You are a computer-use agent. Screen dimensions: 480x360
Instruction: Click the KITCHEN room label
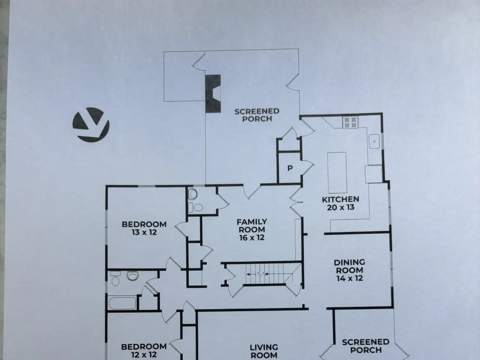point(340,199)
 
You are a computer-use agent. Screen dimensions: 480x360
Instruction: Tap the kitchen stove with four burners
point(350,122)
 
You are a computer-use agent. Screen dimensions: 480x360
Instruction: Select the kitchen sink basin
point(374,141)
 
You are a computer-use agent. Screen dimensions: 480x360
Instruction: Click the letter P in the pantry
point(290,168)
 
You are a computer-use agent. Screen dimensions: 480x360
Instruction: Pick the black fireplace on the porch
point(213,94)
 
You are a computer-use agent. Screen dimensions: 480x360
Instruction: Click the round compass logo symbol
point(91,125)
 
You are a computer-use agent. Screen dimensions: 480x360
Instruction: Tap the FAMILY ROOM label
point(252,226)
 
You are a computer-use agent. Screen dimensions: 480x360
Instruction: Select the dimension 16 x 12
point(252,238)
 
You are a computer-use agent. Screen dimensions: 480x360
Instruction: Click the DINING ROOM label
point(349,266)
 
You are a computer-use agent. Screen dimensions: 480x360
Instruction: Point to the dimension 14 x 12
point(349,278)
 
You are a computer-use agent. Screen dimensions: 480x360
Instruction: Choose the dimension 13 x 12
point(144,232)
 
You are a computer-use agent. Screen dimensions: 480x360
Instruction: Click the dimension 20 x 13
point(341,207)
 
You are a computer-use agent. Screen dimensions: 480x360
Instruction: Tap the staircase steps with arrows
point(265,274)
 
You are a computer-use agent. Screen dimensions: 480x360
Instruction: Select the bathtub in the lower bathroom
point(123,303)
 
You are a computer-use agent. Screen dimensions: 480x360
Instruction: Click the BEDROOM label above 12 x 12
point(144,346)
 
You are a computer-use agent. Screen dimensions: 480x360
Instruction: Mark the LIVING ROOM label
point(264,351)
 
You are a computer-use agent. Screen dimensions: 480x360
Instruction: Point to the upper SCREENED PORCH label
point(257,115)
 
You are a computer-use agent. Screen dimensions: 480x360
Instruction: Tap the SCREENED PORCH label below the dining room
point(366,346)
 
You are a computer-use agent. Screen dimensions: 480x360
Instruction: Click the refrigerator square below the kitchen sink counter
point(373,174)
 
